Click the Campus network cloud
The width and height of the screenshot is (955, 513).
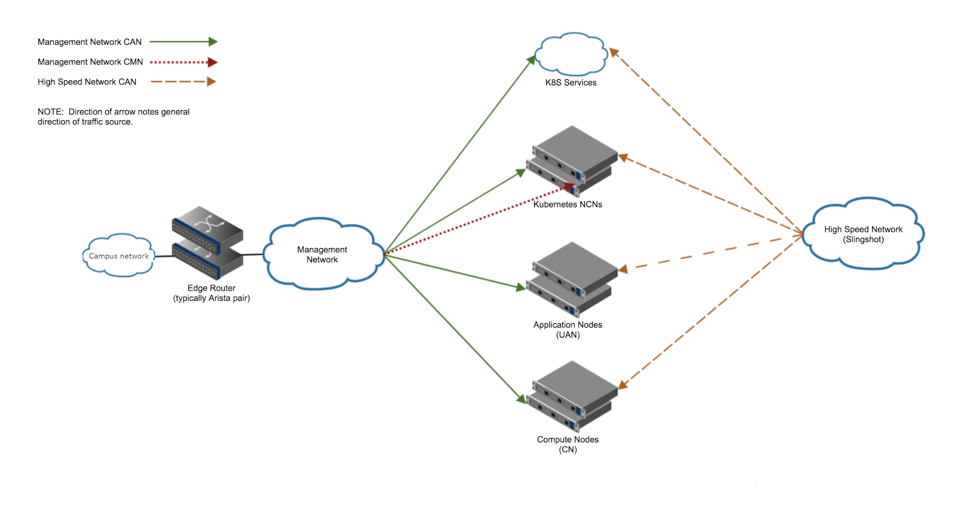119,255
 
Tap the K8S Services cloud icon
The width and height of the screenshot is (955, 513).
571,53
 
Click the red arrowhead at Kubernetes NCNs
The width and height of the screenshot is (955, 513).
569,187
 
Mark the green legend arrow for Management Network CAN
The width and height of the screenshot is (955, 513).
183,42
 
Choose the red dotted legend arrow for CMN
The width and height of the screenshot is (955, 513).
183,62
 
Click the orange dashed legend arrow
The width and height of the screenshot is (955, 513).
183,82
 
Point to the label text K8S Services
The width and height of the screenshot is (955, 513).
571,82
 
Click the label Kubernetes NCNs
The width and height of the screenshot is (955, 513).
568,204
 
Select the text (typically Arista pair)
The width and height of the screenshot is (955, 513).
212,298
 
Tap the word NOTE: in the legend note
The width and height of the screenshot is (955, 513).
51,112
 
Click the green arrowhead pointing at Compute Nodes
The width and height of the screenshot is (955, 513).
521,398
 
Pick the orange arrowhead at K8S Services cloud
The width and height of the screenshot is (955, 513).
614,52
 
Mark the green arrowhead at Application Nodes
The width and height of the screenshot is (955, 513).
521,287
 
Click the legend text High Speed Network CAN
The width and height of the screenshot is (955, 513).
87,82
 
